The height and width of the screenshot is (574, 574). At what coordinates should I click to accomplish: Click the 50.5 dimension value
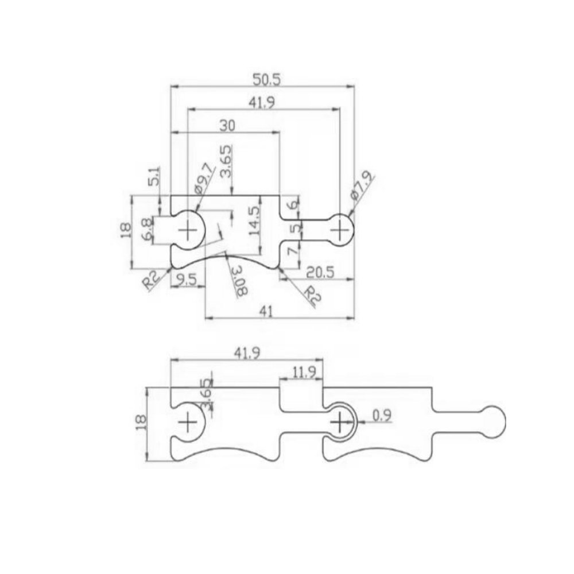(261, 79)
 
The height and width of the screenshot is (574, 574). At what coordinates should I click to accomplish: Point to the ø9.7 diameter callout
(205, 180)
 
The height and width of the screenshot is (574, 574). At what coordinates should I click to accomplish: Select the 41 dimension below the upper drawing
(265, 311)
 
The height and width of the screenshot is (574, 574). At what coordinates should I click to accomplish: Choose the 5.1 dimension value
(154, 176)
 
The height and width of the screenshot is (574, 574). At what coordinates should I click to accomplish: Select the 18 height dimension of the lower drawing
(139, 423)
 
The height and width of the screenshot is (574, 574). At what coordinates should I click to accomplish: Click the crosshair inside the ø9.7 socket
(188, 231)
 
